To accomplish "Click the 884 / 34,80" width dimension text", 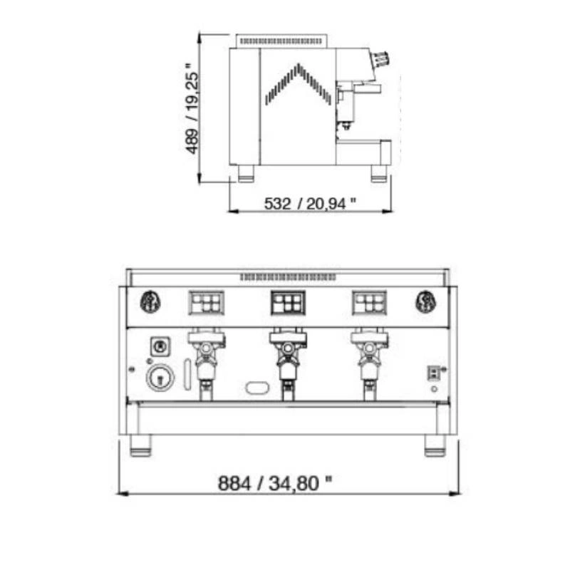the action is pyautogui.click(x=275, y=483).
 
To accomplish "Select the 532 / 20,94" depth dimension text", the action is pyautogui.click(x=310, y=204).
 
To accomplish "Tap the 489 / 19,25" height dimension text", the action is pyautogui.click(x=192, y=109).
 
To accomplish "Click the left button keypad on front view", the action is pyautogui.click(x=207, y=302).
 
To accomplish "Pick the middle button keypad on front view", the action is pyautogui.click(x=288, y=302).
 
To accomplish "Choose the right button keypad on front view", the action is pyautogui.click(x=369, y=302).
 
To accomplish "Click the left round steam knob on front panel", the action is pyautogui.click(x=150, y=301).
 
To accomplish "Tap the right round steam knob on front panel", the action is pyautogui.click(x=426, y=301).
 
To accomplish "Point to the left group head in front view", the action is pyautogui.click(x=206, y=363).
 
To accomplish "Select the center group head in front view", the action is pyautogui.click(x=288, y=363).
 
